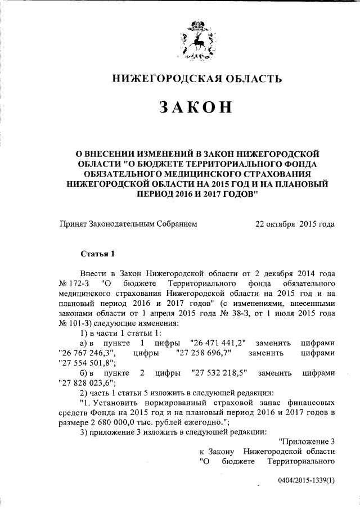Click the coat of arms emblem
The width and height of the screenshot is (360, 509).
196,41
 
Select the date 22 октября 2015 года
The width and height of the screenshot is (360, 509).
295,223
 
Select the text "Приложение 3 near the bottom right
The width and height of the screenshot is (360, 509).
307,442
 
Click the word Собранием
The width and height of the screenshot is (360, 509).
176,223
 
